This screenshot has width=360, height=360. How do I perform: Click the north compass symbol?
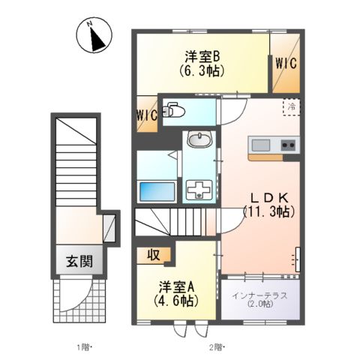96,36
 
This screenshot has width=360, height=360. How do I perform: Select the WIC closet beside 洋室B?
286,64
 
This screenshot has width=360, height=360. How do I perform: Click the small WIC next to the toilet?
146,115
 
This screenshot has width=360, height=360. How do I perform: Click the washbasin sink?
199,140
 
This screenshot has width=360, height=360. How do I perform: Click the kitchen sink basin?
260,144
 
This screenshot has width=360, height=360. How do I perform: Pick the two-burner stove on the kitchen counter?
288,144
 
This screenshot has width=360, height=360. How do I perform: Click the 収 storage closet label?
153,254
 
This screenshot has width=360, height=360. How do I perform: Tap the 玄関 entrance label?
79,262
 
